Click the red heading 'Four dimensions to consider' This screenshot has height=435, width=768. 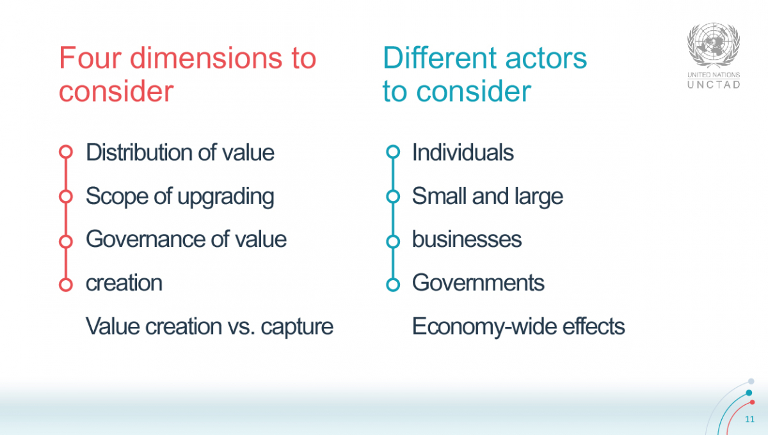coord(188,75)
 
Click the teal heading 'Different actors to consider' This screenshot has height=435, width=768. coord(484,75)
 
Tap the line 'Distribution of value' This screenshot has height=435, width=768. coord(180,153)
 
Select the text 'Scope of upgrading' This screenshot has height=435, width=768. coord(180,196)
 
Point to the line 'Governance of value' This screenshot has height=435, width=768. coord(186,239)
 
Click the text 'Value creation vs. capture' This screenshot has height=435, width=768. coord(209,326)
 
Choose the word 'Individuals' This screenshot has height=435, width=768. coord(463,153)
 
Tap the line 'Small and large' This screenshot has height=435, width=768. coord(487,196)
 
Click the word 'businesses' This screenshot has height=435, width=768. coord(467,239)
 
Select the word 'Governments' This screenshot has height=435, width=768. coord(478,283)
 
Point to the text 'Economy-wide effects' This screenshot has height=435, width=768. coord(518,326)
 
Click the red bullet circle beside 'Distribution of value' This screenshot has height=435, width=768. coord(65,152)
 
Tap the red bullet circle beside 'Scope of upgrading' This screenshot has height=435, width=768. coord(65,196)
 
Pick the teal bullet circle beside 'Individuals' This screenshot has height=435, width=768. coord(393,152)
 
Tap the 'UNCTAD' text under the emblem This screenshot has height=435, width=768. coord(714,84)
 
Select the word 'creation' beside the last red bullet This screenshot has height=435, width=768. coord(124,283)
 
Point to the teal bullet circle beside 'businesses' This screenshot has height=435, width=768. coord(393,241)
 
